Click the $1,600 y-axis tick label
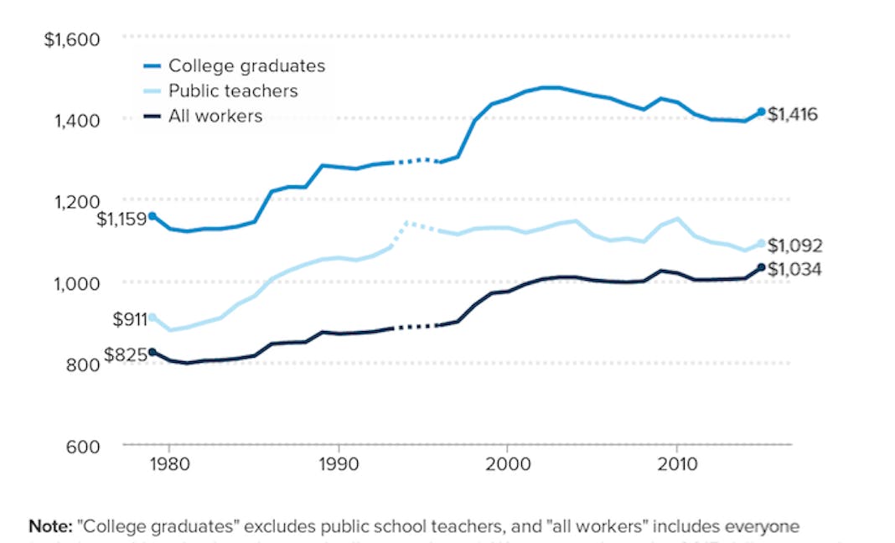click(72, 39)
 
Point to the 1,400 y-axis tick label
click(77, 121)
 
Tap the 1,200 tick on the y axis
click(77, 201)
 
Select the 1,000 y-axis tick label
click(77, 282)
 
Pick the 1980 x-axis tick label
click(168, 463)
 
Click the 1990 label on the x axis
click(338, 463)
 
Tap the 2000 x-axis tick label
click(507, 463)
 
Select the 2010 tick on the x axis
click(676, 463)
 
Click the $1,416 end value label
click(793, 114)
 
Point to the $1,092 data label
click(795, 246)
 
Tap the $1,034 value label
click(795, 270)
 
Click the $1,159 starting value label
click(121, 220)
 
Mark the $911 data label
click(129, 319)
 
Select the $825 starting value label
click(126, 355)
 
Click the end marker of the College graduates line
click(761, 111)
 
